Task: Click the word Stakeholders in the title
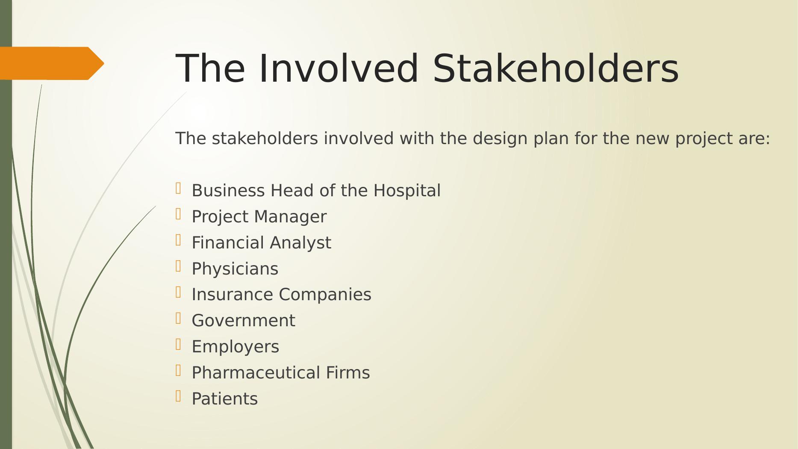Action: click(556, 68)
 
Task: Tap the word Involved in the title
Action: click(339, 68)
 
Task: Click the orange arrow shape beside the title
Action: click(52, 63)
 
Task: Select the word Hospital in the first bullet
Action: click(407, 191)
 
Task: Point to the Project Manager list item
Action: click(259, 217)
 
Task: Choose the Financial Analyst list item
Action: click(262, 243)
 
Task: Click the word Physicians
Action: click(235, 269)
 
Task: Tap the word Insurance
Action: click(233, 295)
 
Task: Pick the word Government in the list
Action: click(244, 321)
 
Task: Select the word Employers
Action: click(236, 347)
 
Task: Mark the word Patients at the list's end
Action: click(225, 399)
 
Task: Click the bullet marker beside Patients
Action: click(178, 396)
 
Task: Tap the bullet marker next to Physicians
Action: click(178, 266)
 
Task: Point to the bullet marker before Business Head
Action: click(178, 188)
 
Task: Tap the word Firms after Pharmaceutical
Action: click(348, 373)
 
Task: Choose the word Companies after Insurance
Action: click(325, 295)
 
